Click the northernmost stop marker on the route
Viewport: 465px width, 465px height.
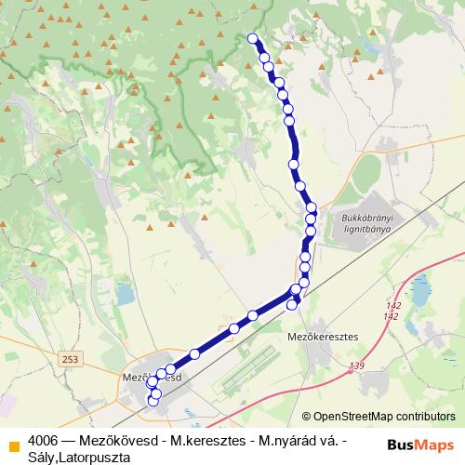253,38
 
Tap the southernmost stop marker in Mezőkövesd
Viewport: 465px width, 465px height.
153,402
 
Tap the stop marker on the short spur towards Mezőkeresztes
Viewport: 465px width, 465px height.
293,304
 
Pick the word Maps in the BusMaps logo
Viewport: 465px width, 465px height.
434,444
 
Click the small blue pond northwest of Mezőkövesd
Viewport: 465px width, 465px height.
125,295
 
